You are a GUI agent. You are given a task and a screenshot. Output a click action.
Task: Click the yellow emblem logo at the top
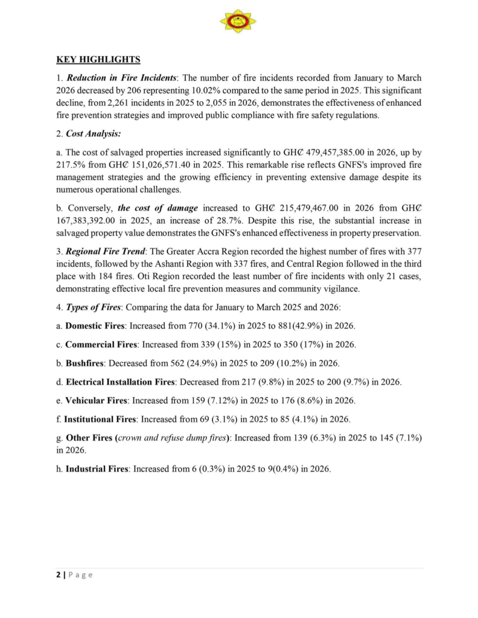tap(238, 21)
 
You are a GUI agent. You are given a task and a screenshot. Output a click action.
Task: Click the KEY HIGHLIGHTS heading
tap(98, 59)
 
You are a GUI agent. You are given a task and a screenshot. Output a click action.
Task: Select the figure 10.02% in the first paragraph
tap(207, 90)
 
